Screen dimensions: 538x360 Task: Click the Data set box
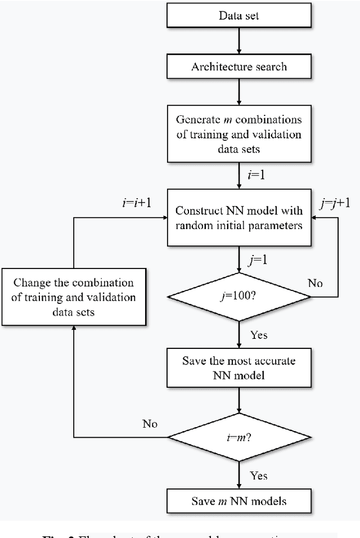tap(239, 15)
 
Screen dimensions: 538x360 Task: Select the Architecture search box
tap(239, 66)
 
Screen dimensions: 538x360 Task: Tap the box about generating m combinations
tap(239, 134)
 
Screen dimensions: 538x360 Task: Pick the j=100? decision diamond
tap(239, 295)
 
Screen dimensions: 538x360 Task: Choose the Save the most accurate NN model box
tap(239, 367)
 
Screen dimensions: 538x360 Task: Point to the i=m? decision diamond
tap(239, 437)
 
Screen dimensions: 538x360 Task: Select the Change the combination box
tap(74, 296)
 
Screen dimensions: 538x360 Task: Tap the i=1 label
tap(256, 175)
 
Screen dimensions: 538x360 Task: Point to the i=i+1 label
tap(137, 203)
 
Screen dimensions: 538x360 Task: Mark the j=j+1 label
tap(335, 203)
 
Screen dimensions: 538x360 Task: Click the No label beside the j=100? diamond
tap(316, 283)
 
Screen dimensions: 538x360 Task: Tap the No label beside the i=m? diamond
tap(150, 423)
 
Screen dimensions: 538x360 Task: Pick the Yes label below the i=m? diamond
tap(258, 476)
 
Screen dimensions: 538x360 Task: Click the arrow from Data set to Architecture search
tap(239, 41)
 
